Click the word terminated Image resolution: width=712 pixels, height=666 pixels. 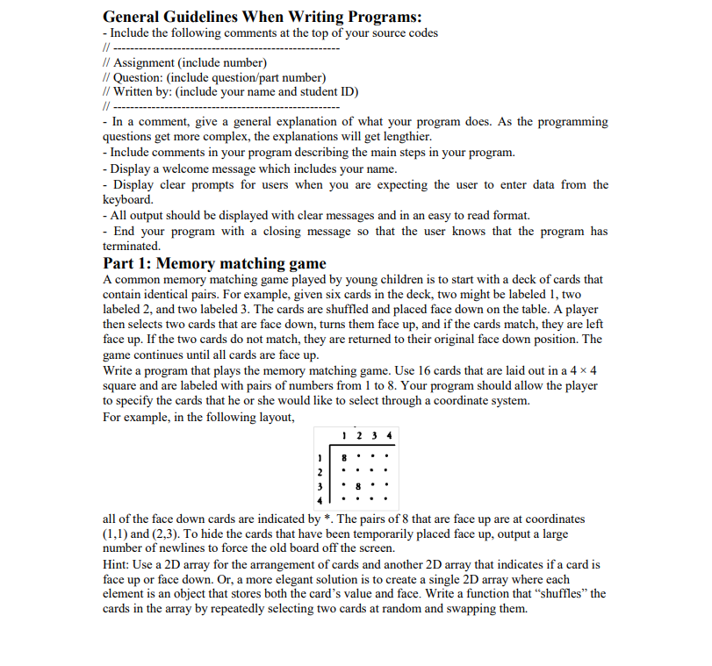132,247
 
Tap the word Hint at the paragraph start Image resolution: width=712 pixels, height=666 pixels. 117,564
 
